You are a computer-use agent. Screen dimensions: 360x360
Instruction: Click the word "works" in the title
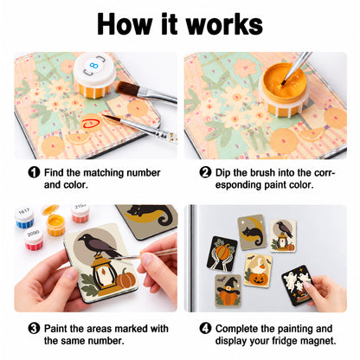224,25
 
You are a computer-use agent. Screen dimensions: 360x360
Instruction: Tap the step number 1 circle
34,172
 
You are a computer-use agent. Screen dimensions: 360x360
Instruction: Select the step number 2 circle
205,172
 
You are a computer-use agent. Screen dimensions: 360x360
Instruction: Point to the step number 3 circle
34,328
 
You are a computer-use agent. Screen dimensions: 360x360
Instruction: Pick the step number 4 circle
205,328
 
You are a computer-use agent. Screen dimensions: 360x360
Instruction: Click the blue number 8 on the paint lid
93,66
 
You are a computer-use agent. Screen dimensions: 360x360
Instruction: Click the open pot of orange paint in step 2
284,90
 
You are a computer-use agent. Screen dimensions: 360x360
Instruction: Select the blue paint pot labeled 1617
24,218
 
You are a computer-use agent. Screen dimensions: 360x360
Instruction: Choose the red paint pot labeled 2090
34,240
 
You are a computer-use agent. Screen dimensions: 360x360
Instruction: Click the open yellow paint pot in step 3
55,222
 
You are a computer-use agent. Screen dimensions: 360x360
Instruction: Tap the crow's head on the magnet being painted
84,238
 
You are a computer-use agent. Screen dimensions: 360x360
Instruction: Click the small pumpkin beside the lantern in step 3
125,280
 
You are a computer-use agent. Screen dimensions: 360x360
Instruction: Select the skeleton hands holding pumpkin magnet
222,254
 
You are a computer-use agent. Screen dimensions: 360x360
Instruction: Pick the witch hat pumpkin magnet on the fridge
228,291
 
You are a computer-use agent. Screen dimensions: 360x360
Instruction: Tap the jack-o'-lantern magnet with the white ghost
258,270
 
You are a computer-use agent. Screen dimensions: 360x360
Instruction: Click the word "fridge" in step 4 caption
282,341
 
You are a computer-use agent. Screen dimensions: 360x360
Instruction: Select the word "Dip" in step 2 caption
222,173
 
